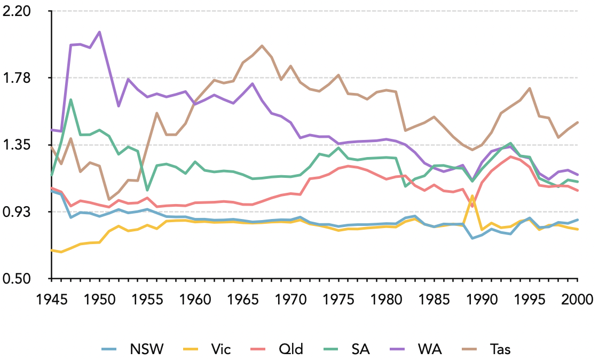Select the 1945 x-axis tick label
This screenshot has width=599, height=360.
51,299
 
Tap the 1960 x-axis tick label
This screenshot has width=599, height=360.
195,299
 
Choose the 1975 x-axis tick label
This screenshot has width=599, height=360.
338,299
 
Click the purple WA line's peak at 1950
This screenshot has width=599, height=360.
99,32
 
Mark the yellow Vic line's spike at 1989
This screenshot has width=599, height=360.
472,196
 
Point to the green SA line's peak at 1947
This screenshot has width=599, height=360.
70,99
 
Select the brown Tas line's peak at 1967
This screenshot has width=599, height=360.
262,46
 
